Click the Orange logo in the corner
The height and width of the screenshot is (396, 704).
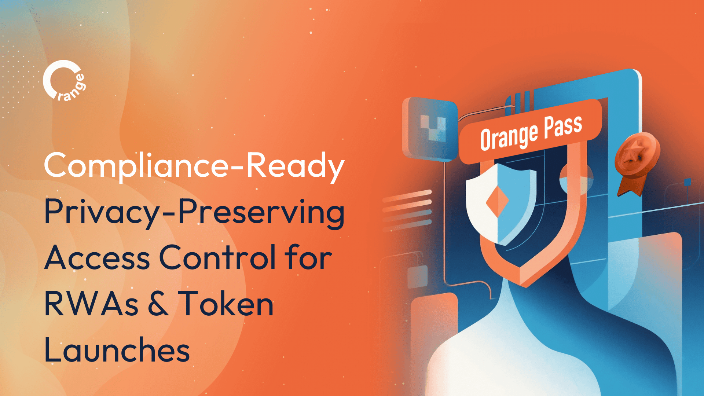64,81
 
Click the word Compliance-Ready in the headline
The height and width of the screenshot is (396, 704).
194,166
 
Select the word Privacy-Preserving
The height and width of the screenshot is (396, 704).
194,212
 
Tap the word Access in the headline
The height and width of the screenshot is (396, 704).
97,258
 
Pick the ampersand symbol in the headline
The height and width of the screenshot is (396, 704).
158,304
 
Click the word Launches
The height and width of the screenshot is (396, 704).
117,350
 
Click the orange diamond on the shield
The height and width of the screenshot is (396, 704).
497,201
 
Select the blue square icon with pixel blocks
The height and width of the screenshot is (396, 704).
430,129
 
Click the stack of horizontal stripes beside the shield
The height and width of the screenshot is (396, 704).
407,210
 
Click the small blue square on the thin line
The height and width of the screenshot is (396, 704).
687,182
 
